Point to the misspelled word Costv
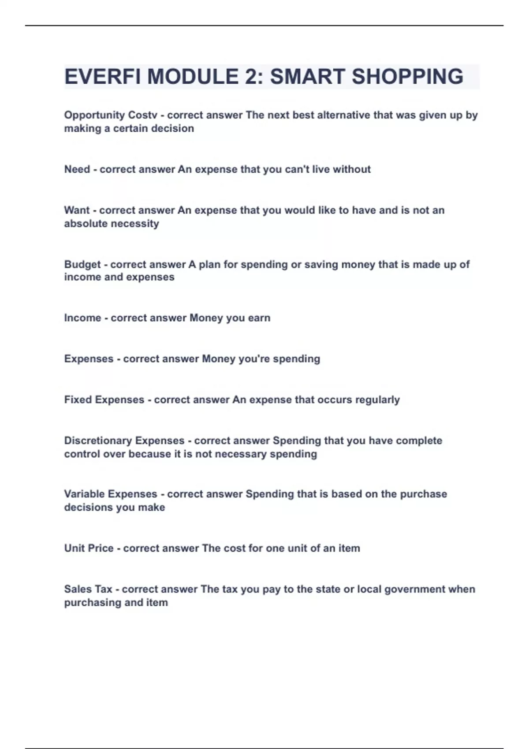click(142, 115)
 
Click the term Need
click(77, 170)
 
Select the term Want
click(77, 211)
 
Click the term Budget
click(82, 265)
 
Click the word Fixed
click(78, 400)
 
